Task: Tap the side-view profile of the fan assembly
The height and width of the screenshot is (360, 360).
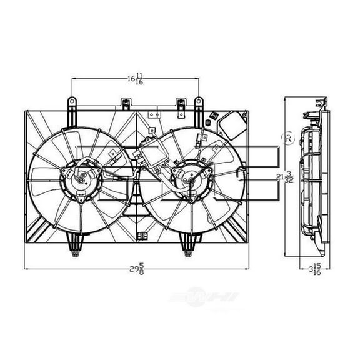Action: coord(312,181)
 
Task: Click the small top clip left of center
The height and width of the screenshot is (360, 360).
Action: coord(127,104)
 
